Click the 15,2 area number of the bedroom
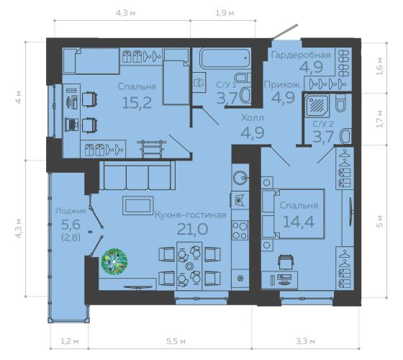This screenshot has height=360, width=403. point(137,103)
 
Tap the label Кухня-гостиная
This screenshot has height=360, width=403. point(191,215)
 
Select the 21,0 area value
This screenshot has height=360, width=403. point(193,229)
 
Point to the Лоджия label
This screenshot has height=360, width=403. point(71,211)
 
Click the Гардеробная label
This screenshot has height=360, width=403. point(301,55)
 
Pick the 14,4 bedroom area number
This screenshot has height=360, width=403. point(299,222)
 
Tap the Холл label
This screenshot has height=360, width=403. point(253,118)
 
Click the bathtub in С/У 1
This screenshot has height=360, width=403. point(225,58)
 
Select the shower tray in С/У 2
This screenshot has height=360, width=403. point(317,105)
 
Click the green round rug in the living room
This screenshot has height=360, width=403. point(114,261)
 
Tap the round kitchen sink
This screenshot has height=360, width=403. point(240,176)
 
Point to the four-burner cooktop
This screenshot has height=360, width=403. point(240,230)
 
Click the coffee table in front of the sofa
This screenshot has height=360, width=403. point(138,205)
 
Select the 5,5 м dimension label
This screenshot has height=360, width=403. point(176,341)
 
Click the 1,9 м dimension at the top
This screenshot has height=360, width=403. point(225,13)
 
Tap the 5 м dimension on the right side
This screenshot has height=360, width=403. point(380,221)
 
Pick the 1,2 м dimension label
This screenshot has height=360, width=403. point(70,341)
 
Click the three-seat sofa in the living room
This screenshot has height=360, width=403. point(137,176)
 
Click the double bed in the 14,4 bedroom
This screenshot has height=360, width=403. point(293,214)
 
